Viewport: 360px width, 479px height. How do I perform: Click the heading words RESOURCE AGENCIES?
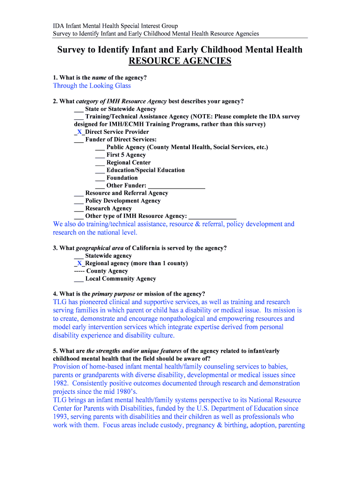180,61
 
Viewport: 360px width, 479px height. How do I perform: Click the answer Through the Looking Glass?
92,86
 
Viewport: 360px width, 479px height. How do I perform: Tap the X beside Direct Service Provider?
79,132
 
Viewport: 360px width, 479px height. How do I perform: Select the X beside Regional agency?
79,263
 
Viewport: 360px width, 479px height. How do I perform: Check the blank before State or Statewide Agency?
79,109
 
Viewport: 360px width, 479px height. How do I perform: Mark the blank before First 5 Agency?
100,155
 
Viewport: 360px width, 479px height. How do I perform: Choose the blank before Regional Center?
100,163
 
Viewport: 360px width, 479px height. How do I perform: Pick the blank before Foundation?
100,178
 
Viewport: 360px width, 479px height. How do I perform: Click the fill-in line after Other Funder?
177,186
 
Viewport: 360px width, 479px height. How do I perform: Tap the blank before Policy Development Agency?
79,201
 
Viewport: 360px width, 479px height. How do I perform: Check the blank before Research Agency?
79,209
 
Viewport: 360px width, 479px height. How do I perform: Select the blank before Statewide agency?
79,256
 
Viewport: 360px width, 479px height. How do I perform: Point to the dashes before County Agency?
79,271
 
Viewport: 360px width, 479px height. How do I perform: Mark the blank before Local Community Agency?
79,279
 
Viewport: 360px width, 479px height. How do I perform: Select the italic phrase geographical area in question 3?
99,248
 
